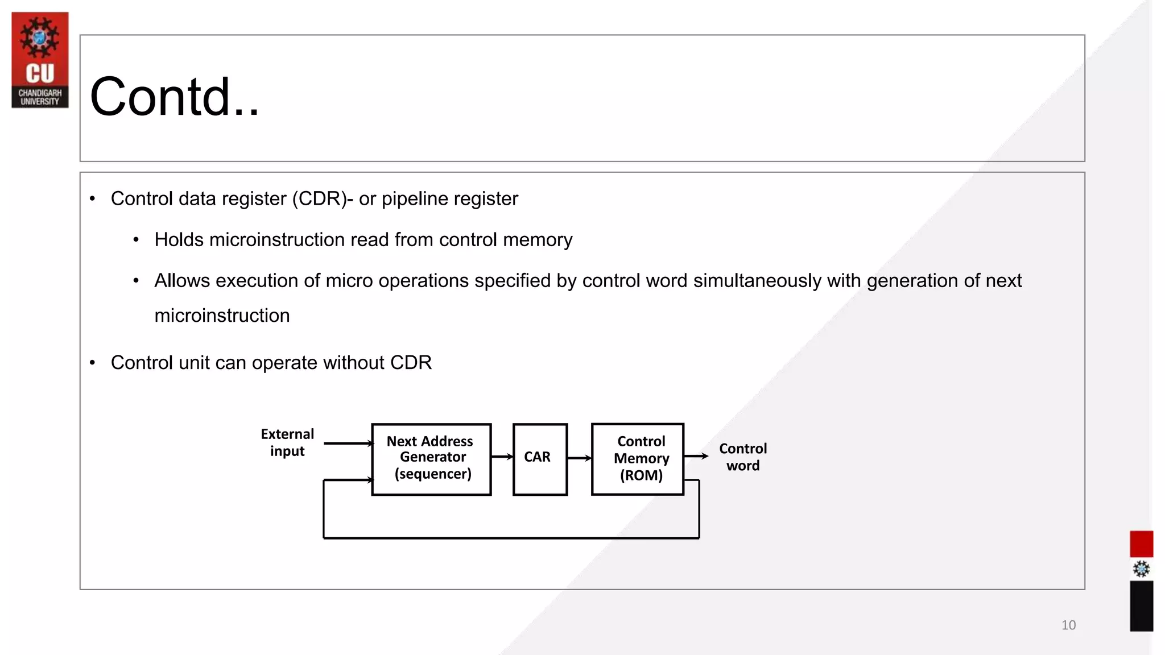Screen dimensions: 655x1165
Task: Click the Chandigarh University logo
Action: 40,60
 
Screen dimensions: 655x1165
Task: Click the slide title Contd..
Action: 174,97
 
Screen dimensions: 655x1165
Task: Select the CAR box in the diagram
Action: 539,459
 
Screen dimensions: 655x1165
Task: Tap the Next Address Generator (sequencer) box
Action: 431,459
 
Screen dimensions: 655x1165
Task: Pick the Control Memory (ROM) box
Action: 637,459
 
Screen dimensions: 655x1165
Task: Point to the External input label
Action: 287,442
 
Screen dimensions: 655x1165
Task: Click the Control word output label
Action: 743,457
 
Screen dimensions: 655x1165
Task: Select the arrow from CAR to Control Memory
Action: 579,458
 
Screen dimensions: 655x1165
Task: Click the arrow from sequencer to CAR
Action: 502,457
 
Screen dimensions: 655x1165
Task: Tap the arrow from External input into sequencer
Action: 348,443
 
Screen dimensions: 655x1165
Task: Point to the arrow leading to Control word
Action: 695,456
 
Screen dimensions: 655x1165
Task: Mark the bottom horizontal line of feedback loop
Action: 511,537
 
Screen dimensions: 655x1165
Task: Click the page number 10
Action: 1068,625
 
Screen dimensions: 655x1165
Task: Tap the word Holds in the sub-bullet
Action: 179,240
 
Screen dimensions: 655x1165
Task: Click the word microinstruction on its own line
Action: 222,316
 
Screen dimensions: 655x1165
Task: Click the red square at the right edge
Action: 1141,544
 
